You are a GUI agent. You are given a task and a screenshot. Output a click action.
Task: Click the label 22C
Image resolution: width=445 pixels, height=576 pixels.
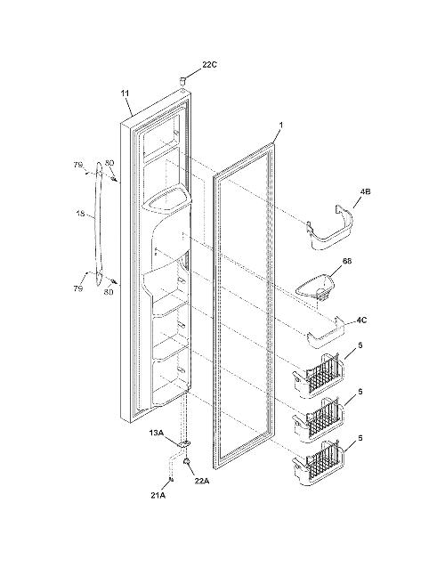[x=209, y=65]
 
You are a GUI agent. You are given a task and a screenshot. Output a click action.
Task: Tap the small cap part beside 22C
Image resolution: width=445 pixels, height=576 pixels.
[x=182, y=80]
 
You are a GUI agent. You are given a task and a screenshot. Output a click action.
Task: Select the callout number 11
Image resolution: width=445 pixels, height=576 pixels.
[x=125, y=93]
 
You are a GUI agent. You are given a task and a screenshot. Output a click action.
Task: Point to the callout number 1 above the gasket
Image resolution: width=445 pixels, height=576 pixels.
[x=281, y=125]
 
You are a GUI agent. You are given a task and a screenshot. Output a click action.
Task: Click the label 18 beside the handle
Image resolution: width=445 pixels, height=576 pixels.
[x=81, y=212]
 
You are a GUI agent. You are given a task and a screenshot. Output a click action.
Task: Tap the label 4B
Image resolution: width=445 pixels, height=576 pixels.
[x=365, y=191]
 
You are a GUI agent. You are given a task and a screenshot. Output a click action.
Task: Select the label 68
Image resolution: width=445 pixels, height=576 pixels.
[x=346, y=261]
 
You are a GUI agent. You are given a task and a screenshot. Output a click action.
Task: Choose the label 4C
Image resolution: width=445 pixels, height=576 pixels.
[x=361, y=320]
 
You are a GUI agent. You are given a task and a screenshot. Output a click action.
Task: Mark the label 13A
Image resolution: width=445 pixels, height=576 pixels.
[x=156, y=433]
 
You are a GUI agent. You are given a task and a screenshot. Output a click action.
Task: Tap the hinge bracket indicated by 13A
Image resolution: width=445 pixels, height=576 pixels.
[x=185, y=444]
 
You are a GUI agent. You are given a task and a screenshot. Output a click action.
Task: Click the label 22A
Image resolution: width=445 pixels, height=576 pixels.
[x=201, y=480]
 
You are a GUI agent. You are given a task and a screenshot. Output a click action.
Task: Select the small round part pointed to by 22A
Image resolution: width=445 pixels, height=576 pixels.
[x=187, y=461]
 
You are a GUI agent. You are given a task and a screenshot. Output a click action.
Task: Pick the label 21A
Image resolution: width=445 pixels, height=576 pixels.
[x=158, y=495]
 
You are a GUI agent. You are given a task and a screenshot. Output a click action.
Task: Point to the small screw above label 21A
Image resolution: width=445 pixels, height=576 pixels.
[x=171, y=479]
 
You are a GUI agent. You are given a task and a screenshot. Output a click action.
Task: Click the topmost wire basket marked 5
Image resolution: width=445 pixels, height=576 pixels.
[x=318, y=376]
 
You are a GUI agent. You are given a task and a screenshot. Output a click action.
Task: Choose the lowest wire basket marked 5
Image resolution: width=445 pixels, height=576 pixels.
[x=318, y=464]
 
